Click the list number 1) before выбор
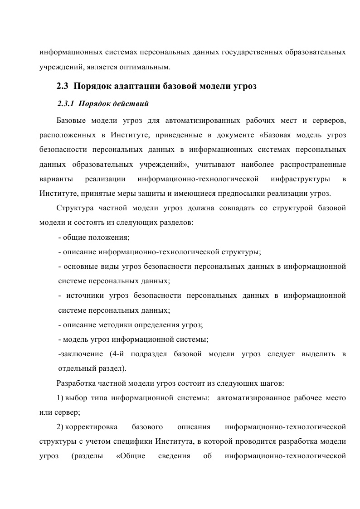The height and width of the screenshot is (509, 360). tap(60, 398)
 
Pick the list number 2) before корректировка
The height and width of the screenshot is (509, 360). tap(60, 427)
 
